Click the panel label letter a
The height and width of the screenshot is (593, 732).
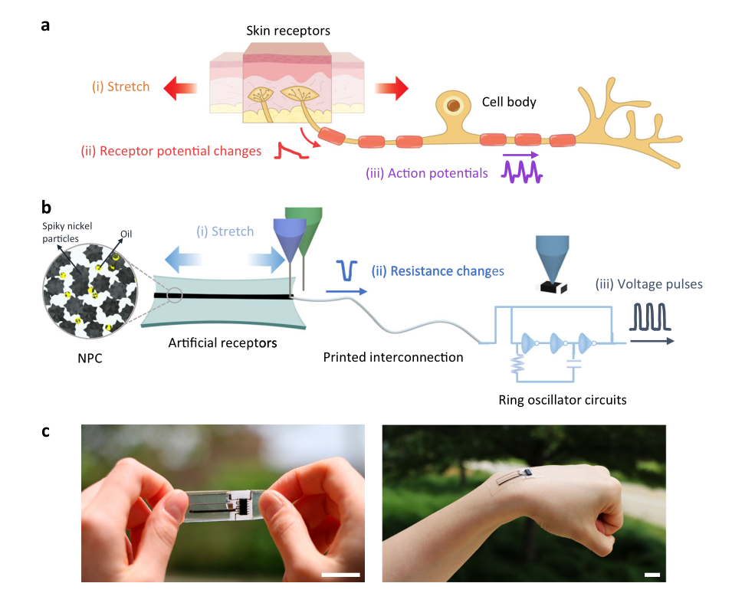[46, 25]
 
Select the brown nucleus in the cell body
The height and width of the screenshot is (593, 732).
[455, 105]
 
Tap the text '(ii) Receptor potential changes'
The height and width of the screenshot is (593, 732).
[171, 150]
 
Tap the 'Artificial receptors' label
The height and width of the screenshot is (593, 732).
[223, 342]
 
